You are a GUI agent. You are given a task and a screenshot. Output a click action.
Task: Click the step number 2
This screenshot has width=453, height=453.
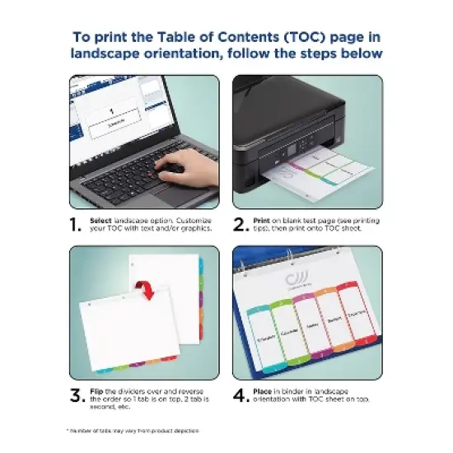(241, 225)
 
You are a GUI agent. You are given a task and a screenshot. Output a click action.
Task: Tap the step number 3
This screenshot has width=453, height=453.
(77, 395)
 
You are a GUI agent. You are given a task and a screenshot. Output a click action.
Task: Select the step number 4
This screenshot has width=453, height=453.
(241, 395)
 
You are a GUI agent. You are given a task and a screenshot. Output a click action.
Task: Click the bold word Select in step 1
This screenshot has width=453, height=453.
(101, 220)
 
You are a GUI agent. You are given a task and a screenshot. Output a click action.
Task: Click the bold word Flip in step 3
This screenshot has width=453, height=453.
(98, 390)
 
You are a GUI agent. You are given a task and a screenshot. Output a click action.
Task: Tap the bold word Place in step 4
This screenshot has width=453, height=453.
(265, 390)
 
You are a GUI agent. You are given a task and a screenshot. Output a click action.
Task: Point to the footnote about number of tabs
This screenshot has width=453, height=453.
(131, 431)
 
